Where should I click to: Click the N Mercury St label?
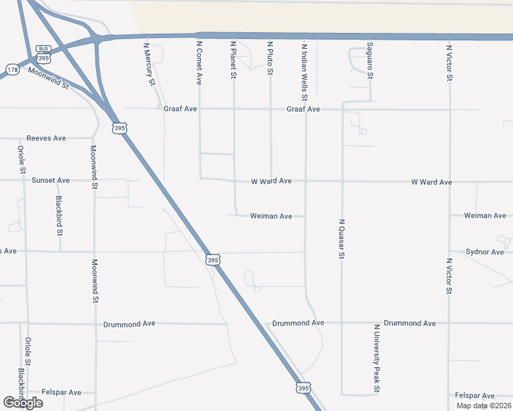click(148, 65)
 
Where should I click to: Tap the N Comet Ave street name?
click(200, 63)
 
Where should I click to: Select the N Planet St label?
click(234, 61)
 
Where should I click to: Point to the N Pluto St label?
click(270, 58)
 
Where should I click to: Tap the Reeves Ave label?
click(46, 138)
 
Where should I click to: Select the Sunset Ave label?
click(50, 180)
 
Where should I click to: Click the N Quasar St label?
click(341, 238)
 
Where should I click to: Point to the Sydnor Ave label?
click(485, 252)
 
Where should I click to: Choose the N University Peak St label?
click(377, 359)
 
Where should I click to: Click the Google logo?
click(23, 403)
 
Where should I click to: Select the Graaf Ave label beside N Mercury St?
click(180, 108)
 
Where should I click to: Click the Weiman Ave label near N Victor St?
click(485, 216)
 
